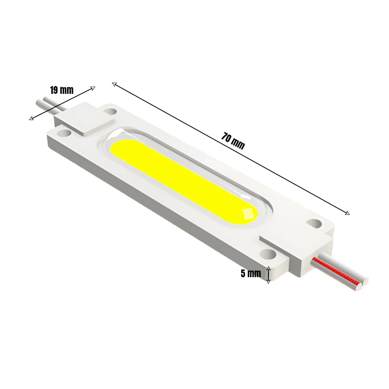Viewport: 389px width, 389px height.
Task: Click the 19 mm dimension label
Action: [61, 89]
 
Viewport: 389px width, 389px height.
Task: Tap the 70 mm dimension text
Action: [233, 141]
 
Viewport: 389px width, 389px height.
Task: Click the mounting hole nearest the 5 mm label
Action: [266, 253]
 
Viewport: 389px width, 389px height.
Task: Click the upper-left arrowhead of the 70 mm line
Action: [114, 84]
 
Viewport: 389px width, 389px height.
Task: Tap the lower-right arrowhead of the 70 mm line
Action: [347, 212]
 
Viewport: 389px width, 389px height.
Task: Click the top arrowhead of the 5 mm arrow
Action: [268, 268]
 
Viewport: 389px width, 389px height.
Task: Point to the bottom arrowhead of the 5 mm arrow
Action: [268, 282]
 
